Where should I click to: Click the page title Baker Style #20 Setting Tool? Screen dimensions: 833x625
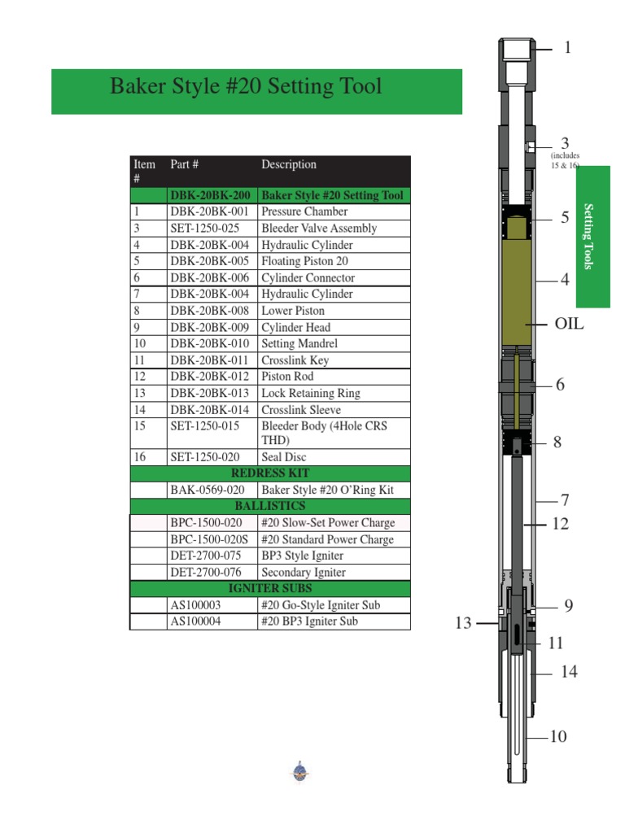click(246, 86)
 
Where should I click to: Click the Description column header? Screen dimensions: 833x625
click(289, 164)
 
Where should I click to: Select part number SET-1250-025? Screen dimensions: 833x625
click(204, 229)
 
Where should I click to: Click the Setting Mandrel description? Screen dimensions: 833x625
click(299, 343)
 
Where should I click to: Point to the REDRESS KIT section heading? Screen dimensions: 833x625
click(270, 473)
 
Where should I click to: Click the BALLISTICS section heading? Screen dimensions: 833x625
click(270, 506)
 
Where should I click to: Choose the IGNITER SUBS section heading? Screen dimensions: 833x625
click(270, 588)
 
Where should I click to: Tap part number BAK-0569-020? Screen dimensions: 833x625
click(207, 490)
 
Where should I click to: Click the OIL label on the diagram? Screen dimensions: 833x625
click(570, 324)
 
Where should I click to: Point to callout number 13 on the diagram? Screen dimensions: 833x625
click(463, 624)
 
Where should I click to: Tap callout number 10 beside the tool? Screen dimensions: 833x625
click(557, 737)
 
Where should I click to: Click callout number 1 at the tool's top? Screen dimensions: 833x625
click(567, 48)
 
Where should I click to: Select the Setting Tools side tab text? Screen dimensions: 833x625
click(593, 238)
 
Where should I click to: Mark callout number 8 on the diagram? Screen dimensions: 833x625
click(557, 443)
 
